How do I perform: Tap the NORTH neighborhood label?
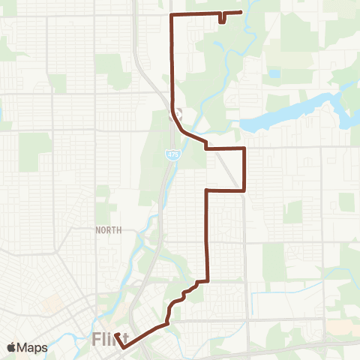point(109,230)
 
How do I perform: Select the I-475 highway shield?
point(172,153)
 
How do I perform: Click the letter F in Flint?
point(98,340)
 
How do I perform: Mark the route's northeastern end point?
point(240,12)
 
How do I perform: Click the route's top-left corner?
point(173,14)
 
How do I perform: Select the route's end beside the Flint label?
point(116,334)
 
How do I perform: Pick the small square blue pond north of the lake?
point(274,73)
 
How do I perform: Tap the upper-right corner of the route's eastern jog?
point(244,148)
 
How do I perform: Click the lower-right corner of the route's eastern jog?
point(244,190)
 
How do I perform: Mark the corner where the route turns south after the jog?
point(207,191)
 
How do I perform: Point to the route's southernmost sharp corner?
point(123,347)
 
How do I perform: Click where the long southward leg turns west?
point(207,281)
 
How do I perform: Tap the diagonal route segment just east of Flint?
point(146,334)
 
